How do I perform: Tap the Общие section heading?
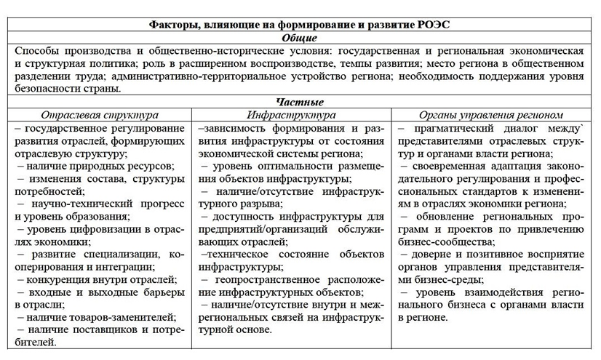click(300, 37)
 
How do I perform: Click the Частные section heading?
click(300, 102)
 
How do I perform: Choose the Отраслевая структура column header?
click(100, 115)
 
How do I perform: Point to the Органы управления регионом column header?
click(491, 115)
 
